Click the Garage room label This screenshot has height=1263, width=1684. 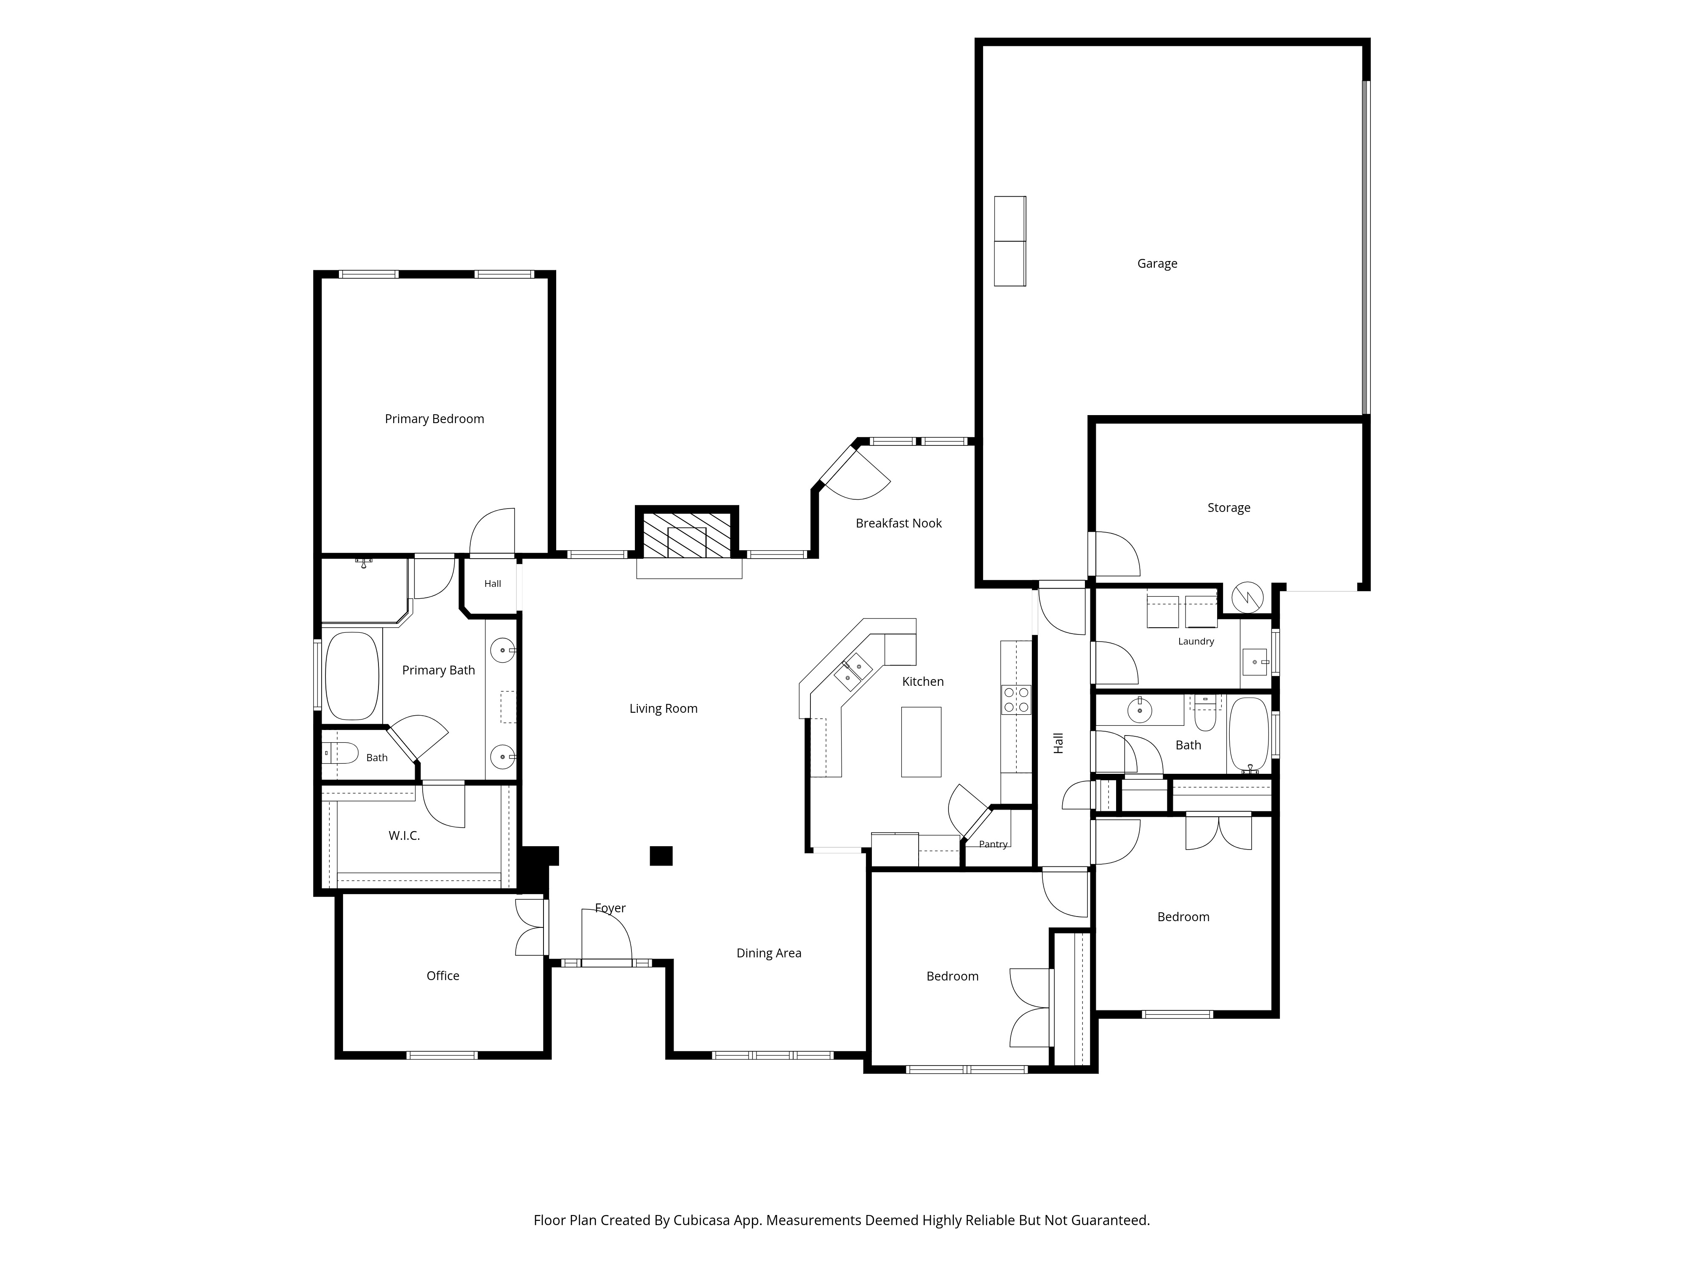coord(1157,264)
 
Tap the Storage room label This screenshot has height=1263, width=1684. coord(1229,508)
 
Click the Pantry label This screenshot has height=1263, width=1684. coord(994,844)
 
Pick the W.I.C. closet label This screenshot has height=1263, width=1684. coord(404,835)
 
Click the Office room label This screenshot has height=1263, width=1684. coord(443,975)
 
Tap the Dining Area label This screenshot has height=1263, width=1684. coord(769,953)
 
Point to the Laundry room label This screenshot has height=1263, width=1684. coord(1196,641)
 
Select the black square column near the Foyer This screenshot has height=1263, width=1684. coord(661,856)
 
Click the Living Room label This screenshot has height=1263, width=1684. coord(663,709)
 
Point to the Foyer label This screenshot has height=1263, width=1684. coord(610,908)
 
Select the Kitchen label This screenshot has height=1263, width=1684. coord(923,681)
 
